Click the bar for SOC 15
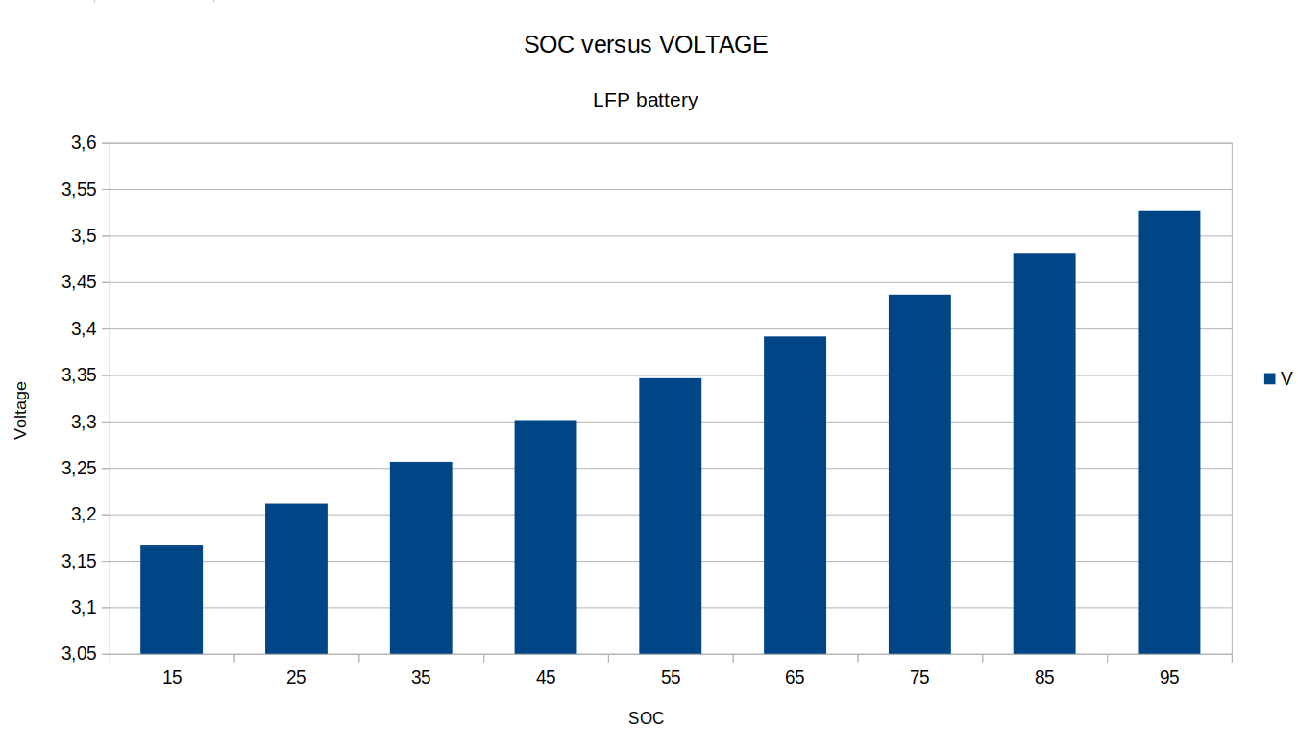[x=171, y=599]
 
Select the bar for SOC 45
[x=546, y=537]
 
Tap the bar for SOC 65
[x=795, y=495]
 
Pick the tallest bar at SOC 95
[x=1168, y=432]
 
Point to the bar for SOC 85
[x=1044, y=453]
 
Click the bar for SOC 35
[x=421, y=558]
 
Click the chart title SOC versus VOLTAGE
[x=646, y=45]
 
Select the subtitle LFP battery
[x=646, y=100]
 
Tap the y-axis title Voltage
[x=21, y=410]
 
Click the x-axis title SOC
[x=646, y=718]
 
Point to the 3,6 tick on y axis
[x=84, y=143]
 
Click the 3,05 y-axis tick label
[x=80, y=654]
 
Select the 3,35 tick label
[x=80, y=375]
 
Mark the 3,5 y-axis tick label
[x=84, y=236]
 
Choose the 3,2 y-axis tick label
[x=84, y=515]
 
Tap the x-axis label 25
[x=296, y=678]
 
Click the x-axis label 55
[x=671, y=678]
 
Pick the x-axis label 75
[x=919, y=678]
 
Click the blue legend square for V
[x=1269, y=379]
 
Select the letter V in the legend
[x=1286, y=379]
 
